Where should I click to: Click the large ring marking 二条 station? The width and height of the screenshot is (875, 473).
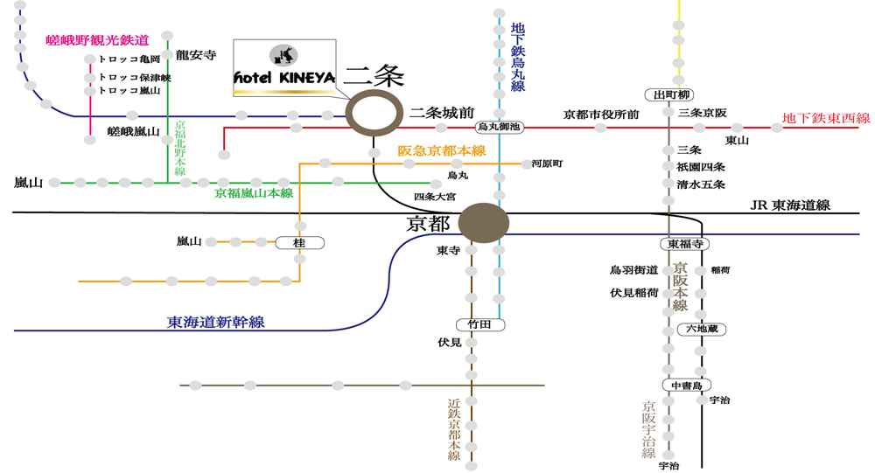pyautogui.click(x=374, y=113)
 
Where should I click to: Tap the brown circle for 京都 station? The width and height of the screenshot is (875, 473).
pyautogui.click(x=484, y=222)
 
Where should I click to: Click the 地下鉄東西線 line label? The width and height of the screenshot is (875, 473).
pyautogui.click(x=825, y=118)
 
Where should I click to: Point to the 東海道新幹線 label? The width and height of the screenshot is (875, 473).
pyautogui.click(x=216, y=322)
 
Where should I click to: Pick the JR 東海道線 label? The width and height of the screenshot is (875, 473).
pyautogui.click(x=790, y=205)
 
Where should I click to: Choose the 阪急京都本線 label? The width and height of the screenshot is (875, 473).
pyautogui.click(x=442, y=150)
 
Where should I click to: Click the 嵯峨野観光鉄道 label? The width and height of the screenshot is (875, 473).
pyautogui.click(x=97, y=40)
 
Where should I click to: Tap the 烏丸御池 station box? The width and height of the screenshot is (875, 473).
pyautogui.click(x=499, y=127)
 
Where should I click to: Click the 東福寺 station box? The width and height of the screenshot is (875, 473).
pyautogui.click(x=685, y=244)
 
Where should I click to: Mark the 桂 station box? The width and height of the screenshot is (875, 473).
pyautogui.click(x=300, y=242)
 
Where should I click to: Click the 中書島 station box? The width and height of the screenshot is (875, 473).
pyautogui.click(x=686, y=385)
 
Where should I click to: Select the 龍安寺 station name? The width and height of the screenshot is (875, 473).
pyautogui.click(x=195, y=55)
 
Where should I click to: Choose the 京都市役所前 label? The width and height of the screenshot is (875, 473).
pyautogui.click(x=601, y=114)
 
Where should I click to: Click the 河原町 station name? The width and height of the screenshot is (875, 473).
pyautogui.click(x=547, y=163)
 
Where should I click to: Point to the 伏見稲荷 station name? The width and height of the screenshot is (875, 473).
pyautogui.click(x=634, y=292)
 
